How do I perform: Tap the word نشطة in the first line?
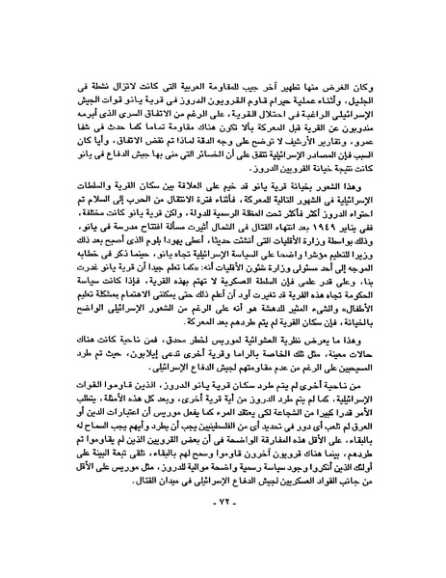point(70,52)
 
